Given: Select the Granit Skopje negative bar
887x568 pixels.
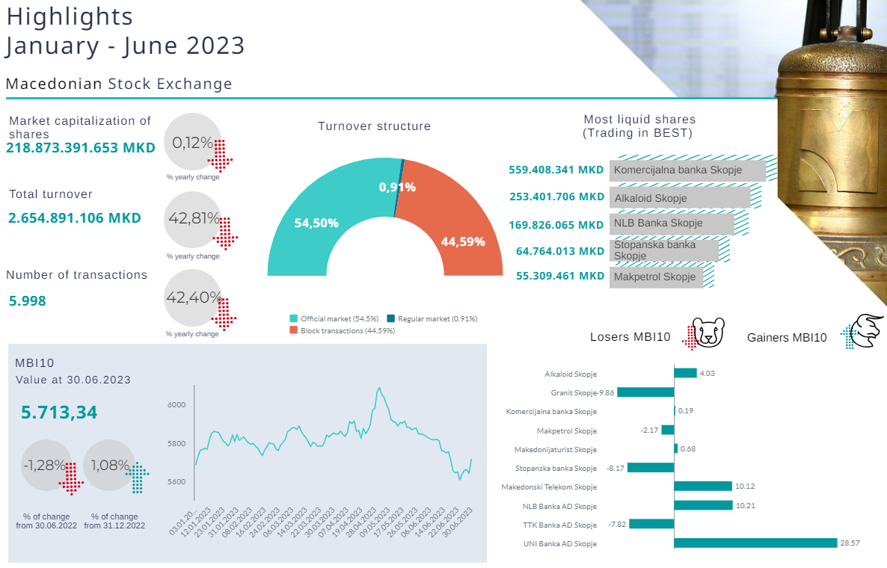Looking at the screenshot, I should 645,392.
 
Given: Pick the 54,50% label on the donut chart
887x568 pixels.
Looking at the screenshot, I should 316,223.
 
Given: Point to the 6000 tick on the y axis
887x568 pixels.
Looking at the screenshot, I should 176,404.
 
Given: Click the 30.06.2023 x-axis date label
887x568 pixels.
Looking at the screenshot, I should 457,521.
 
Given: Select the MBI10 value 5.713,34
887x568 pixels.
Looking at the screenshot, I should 59,413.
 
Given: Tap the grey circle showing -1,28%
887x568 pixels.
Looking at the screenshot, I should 46,465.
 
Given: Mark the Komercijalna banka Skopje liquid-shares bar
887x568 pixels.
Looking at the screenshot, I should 687,170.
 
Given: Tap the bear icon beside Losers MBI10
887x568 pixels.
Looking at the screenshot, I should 708,333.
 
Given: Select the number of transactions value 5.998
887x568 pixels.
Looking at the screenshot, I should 28,301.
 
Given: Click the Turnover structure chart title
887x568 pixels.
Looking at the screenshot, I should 374,126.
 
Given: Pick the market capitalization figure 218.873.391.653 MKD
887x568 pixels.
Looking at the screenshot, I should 81,148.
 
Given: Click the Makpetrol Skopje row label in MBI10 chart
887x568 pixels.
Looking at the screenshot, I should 566,430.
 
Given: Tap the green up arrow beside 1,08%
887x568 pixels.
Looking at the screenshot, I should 138,478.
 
